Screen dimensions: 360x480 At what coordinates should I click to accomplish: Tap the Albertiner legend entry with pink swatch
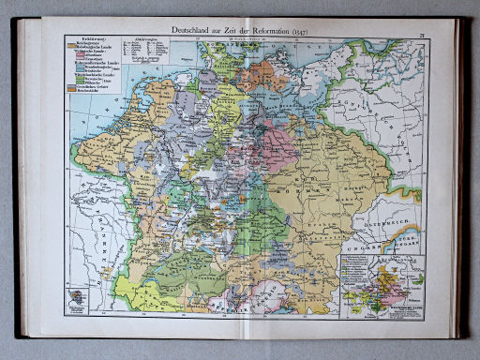pos(96,59)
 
